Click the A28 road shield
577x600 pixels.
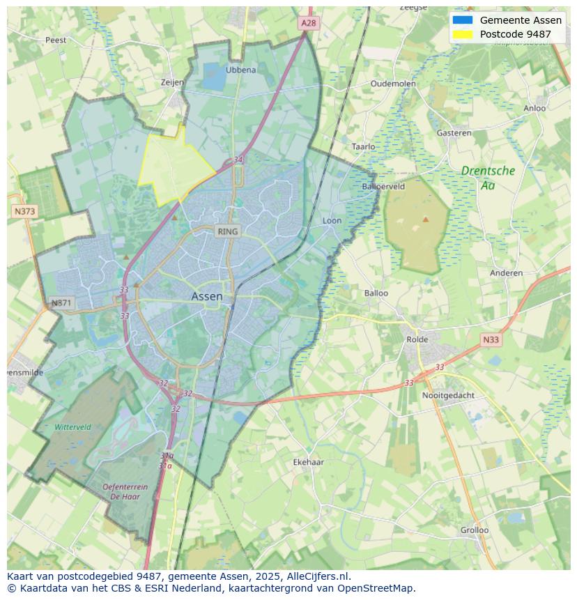309,23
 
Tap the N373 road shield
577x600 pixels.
24,210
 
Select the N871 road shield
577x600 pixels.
61,303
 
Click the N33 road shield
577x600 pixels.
491,339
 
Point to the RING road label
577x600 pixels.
227,231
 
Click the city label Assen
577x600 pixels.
207,296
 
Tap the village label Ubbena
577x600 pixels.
240,70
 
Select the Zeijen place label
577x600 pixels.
172,82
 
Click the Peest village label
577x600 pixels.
56,40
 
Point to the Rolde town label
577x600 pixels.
417,339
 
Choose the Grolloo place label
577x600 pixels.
474,530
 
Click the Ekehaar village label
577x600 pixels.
308,462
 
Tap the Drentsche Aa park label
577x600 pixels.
488,178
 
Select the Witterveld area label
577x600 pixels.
72,426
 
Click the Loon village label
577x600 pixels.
332,221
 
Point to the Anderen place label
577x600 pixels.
506,273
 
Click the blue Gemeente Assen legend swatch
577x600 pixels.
462,20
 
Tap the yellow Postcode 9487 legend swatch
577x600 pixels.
462,34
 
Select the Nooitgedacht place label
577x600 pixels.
448,395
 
